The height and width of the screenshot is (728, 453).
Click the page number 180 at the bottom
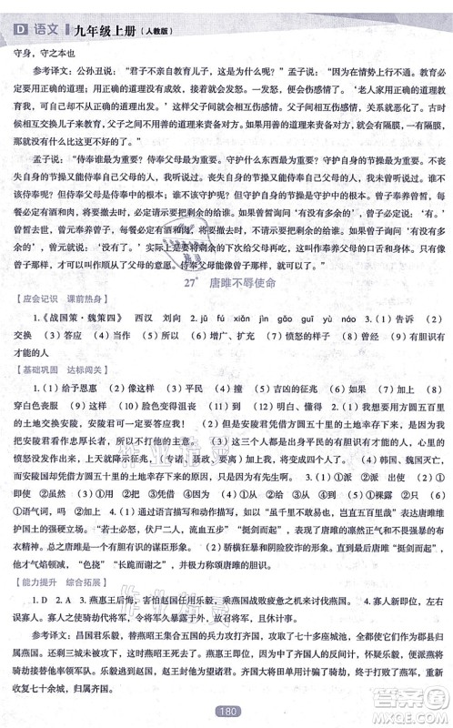tap(226, 714)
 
